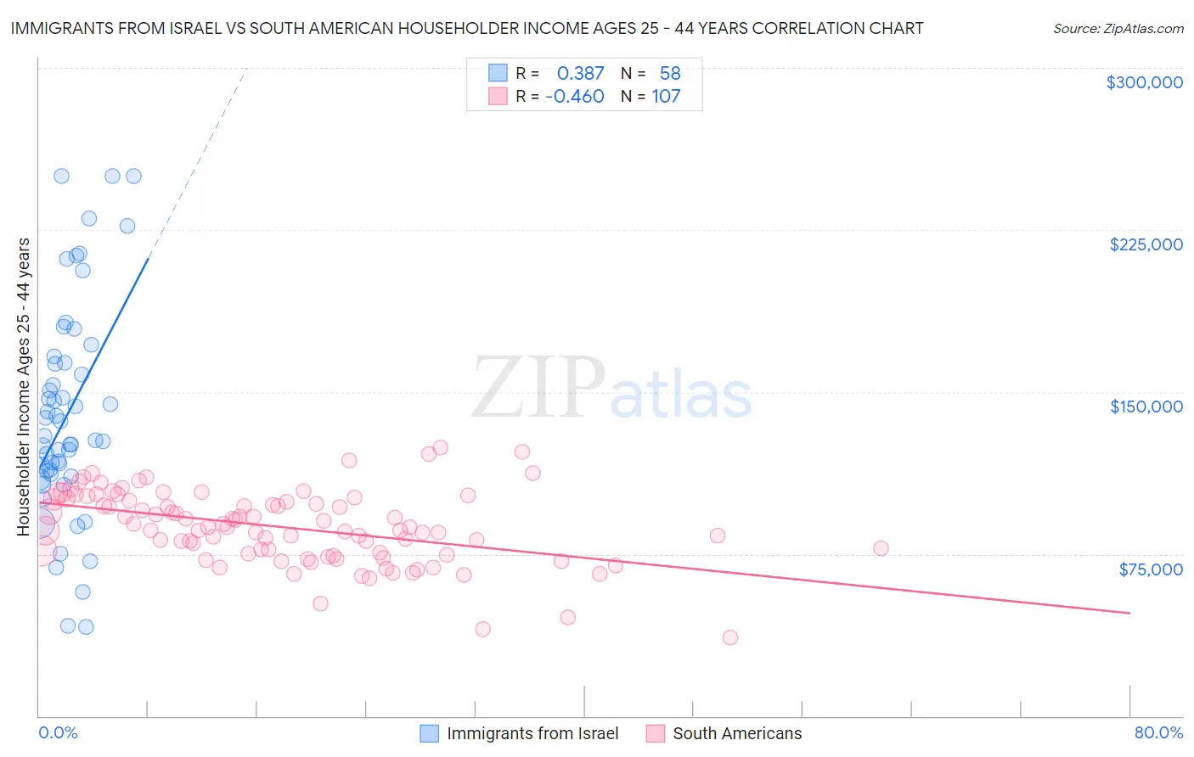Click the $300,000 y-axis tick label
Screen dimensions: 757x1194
pyautogui.click(x=1144, y=82)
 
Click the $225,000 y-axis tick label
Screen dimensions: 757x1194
pyautogui.click(x=1146, y=244)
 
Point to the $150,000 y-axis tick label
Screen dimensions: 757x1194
pyautogui.click(x=1146, y=407)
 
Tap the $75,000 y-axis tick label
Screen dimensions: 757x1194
pyautogui.click(x=1150, y=569)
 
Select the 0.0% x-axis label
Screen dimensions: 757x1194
pyautogui.click(x=59, y=732)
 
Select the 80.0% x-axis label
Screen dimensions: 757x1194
pyautogui.click(x=1158, y=732)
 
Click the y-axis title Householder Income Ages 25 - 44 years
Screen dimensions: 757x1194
pyautogui.click(x=24, y=387)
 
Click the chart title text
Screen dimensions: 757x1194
pyautogui.click(x=467, y=28)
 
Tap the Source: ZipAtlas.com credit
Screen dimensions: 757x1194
pyautogui.click(x=1118, y=28)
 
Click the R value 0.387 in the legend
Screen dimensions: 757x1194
pyautogui.click(x=580, y=74)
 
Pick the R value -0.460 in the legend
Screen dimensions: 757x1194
pyautogui.click(x=575, y=97)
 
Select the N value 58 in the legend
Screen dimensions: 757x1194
pyautogui.click(x=670, y=74)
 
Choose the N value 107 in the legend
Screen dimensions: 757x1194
pyautogui.click(x=666, y=97)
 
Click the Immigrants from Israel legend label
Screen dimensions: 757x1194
pyautogui.click(x=532, y=733)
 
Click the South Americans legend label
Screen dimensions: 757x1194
pyautogui.click(x=737, y=733)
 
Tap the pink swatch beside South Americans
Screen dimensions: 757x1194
pyautogui.click(x=656, y=733)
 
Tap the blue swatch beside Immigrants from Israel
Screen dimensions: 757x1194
pyautogui.click(x=430, y=733)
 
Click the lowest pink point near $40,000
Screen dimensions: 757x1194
pyautogui.click(x=729, y=637)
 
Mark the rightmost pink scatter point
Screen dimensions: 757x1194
pyautogui.click(x=881, y=548)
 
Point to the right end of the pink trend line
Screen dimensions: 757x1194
pyautogui.click(x=1129, y=613)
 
